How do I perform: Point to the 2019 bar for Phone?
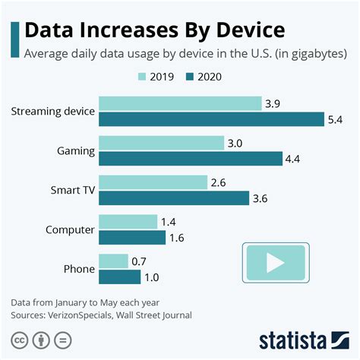point(114,261)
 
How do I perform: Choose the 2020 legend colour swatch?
point(190,76)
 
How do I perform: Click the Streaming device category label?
point(53,112)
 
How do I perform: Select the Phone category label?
point(79,269)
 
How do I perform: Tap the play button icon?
point(275,264)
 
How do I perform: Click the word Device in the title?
point(243,30)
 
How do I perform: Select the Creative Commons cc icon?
point(19,338)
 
